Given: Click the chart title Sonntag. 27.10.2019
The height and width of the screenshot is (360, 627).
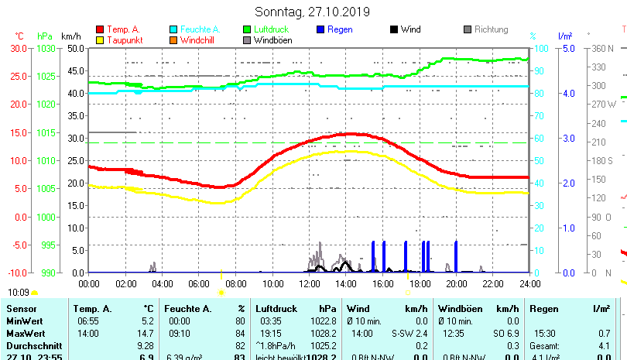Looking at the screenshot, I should tap(313, 12).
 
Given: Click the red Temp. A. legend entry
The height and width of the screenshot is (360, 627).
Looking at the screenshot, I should tap(123, 29).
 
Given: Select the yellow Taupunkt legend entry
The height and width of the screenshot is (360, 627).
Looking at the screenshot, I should tap(123, 39).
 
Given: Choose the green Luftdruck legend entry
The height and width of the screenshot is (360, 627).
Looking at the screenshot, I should tap(269, 29).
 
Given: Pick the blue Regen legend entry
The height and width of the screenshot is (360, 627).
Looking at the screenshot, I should tap(341, 29).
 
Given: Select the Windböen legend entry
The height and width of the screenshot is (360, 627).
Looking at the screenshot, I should tap(272, 39).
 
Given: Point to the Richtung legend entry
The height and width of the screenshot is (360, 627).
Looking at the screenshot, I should tap(491, 29).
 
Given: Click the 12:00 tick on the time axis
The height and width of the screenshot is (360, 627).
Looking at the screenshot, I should tap(310, 284).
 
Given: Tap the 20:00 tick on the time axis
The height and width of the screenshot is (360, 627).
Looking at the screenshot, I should tap(457, 284).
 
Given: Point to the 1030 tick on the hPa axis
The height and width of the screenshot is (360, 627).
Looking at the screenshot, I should tap(46, 48).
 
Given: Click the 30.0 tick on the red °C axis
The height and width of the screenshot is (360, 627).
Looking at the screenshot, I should tap(19, 48).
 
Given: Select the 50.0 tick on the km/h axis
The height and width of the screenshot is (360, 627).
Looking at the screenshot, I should tap(75, 48).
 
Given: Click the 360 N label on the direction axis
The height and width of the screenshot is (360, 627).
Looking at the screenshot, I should tap(602, 48).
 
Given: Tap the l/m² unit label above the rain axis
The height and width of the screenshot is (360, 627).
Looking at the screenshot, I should tap(564, 36).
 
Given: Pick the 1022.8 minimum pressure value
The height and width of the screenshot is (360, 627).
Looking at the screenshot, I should tap(322, 321).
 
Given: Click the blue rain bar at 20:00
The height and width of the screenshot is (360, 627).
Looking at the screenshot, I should tap(456, 256).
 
